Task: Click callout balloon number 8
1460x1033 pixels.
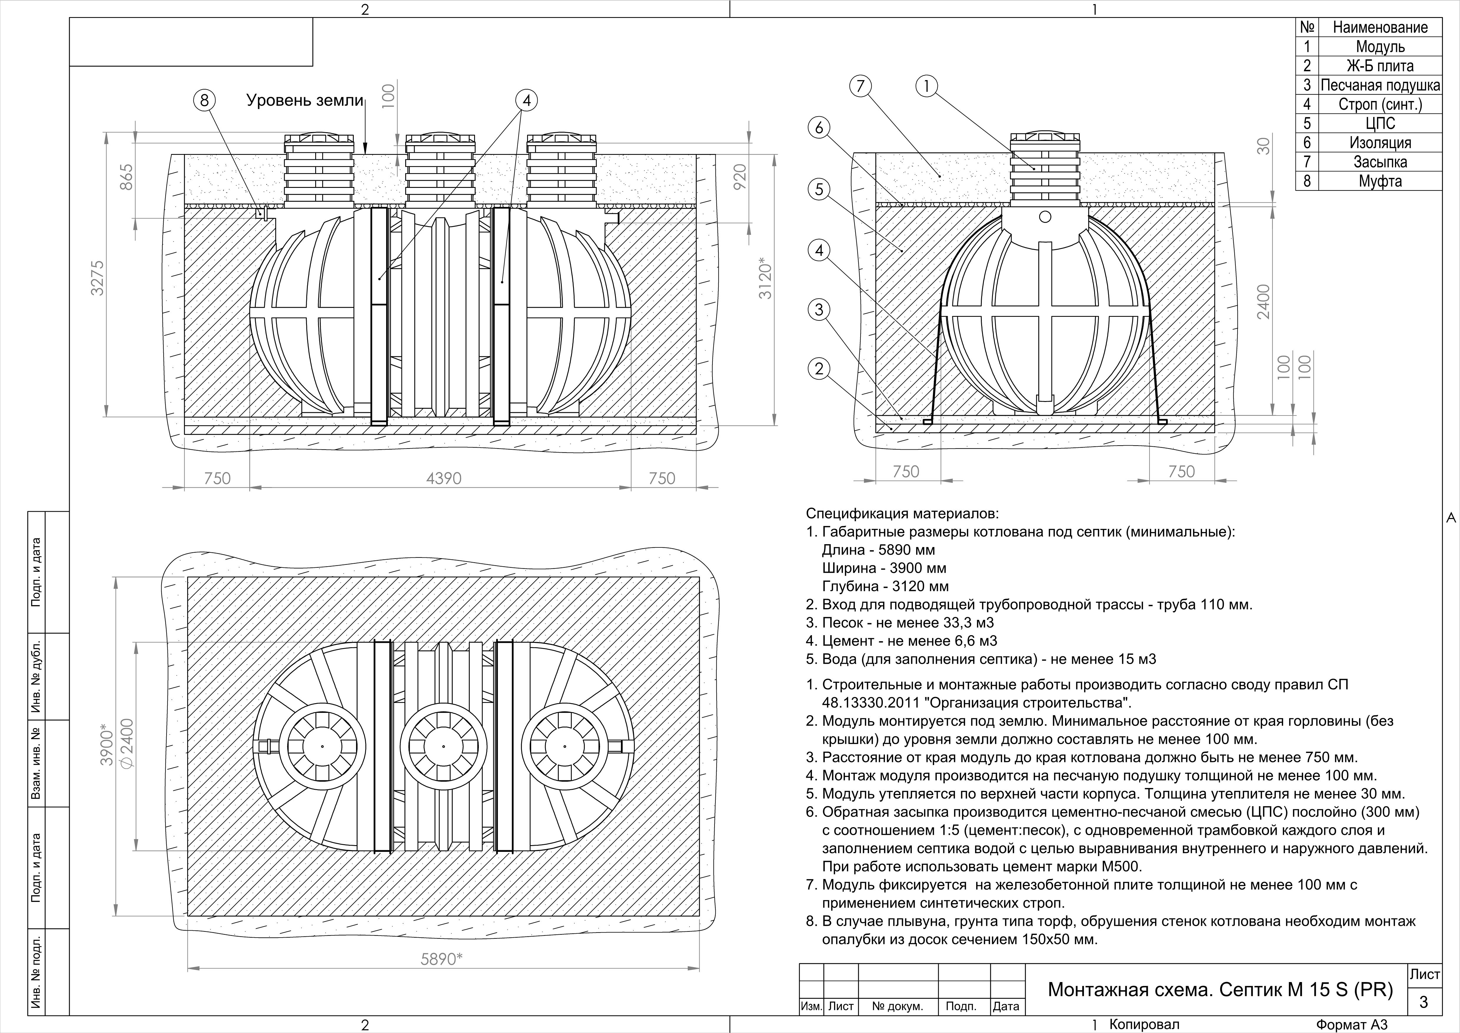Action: pyautogui.click(x=204, y=100)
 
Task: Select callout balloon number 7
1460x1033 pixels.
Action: pyautogui.click(x=860, y=86)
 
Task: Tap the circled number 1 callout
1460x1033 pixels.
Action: pyautogui.click(x=926, y=86)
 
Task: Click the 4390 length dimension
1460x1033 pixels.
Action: pyautogui.click(x=443, y=478)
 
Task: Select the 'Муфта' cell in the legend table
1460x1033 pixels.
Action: pyautogui.click(x=1380, y=181)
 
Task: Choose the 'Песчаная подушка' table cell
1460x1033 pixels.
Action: pyautogui.click(x=1380, y=85)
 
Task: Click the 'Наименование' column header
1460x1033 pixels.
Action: pyautogui.click(x=1380, y=27)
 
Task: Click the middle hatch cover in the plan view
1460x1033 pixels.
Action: pyautogui.click(x=443, y=746)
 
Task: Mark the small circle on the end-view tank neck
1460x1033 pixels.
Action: pyautogui.click(x=1045, y=217)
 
